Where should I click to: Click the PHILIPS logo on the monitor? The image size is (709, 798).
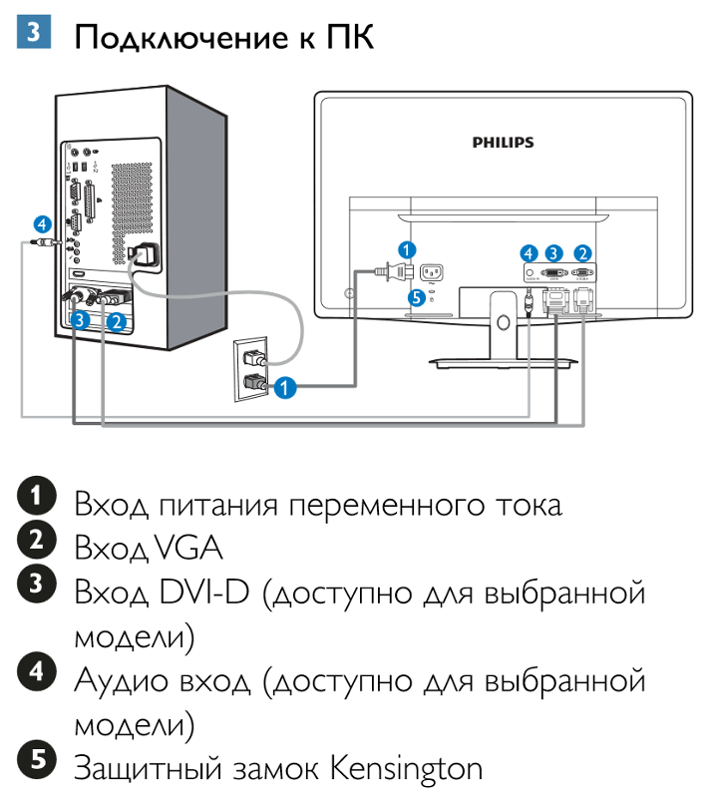pos(503,143)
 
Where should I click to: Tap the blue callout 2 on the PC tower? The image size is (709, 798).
pos(117,321)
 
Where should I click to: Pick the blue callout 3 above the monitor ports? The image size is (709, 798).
pos(554,253)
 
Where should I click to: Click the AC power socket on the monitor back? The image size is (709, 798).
pos(432,271)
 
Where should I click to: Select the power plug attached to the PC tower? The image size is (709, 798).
pos(141,255)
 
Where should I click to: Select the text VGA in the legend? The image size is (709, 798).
pos(188,548)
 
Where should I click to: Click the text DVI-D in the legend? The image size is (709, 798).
pos(205,593)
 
